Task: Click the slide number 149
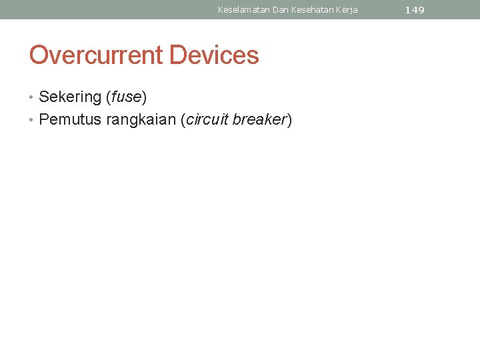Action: click(x=414, y=10)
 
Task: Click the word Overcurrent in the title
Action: click(x=96, y=55)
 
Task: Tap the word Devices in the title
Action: click(x=214, y=55)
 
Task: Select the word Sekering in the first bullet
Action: click(x=69, y=97)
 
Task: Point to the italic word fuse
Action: click(x=126, y=97)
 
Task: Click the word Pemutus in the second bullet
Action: click(x=70, y=120)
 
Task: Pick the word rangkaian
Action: click(x=141, y=121)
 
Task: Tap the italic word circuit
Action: click(x=207, y=120)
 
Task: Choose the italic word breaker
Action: click(x=259, y=120)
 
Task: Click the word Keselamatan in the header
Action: click(x=243, y=10)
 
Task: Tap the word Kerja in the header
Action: click(x=347, y=10)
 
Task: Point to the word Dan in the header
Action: click(x=281, y=10)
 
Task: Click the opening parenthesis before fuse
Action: click(x=108, y=97)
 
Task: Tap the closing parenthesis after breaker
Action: click(x=289, y=121)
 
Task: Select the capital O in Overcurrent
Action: click(x=39, y=55)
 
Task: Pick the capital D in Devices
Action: click(x=178, y=55)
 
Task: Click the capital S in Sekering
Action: click(x=44, y=97)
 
